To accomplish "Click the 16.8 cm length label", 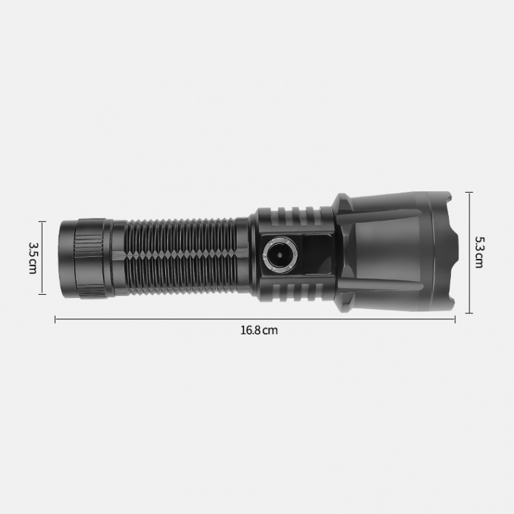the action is point(259,330).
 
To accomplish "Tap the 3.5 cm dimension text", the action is point(33,258).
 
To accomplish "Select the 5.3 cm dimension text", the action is point(479,252).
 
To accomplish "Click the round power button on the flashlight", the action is point(280,255).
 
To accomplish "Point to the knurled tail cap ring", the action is point(88,258).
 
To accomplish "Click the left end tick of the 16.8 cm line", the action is point(55,319).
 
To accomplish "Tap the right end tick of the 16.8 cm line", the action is point(455,319).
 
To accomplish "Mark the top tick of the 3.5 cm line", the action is point(42,221).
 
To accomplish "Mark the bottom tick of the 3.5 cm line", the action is point(42,294).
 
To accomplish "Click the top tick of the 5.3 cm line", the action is point(469,193).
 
